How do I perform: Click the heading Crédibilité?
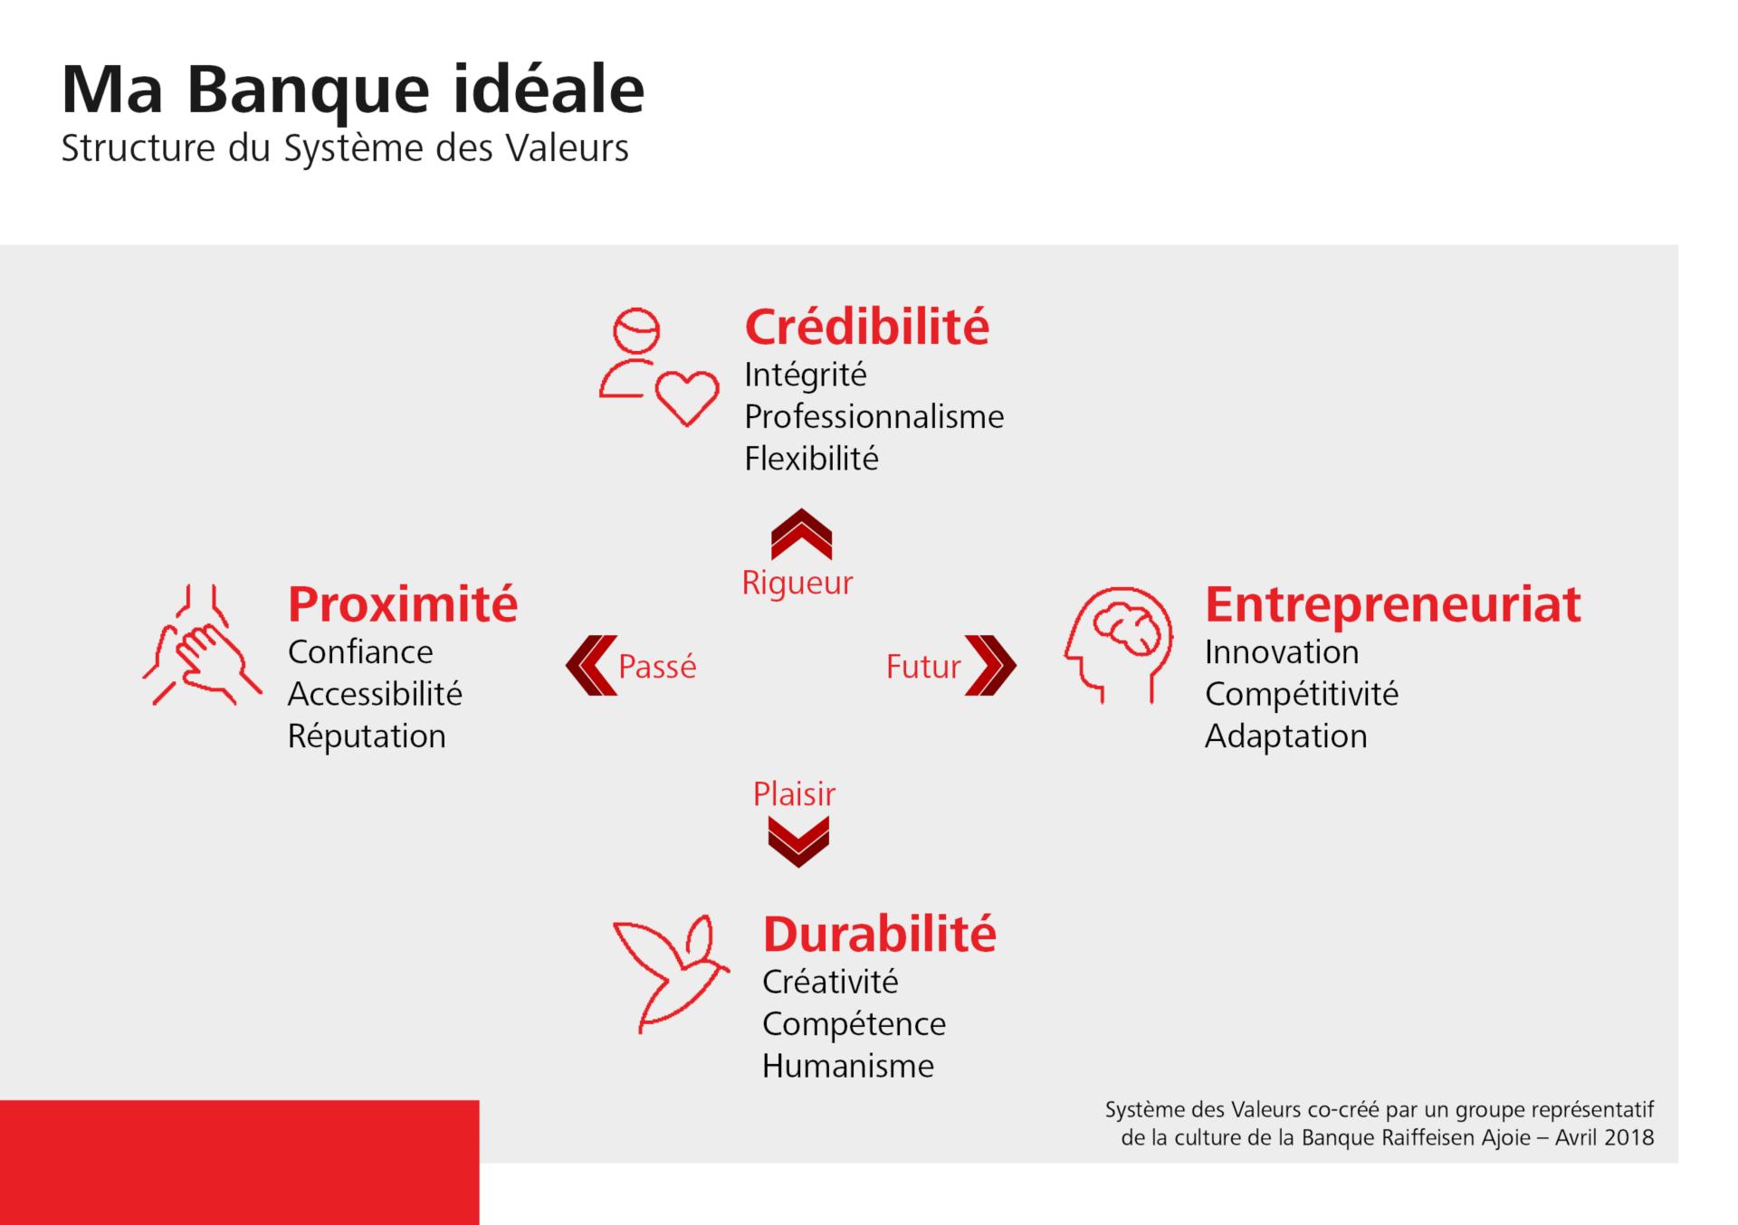[866, 327]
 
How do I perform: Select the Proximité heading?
[403, 603]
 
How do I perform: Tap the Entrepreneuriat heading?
[1392, 603]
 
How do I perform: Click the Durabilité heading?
[879, 934]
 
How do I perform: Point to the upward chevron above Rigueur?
[801, 535]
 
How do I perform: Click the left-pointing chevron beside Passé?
[591, 665]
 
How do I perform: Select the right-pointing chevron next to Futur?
[990, 665]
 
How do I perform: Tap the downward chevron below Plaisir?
[797, 841]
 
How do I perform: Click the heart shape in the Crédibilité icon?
[687, 397]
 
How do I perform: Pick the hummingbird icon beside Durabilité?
[670, 973]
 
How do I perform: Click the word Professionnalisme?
[874, 417]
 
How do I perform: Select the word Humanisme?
[847, 1066]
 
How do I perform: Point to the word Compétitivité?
[1301, 694]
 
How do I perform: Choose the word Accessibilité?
[375, 694]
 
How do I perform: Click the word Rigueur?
[797, 583]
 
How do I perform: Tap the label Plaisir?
[794, 793]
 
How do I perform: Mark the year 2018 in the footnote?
[1628, 1137]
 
